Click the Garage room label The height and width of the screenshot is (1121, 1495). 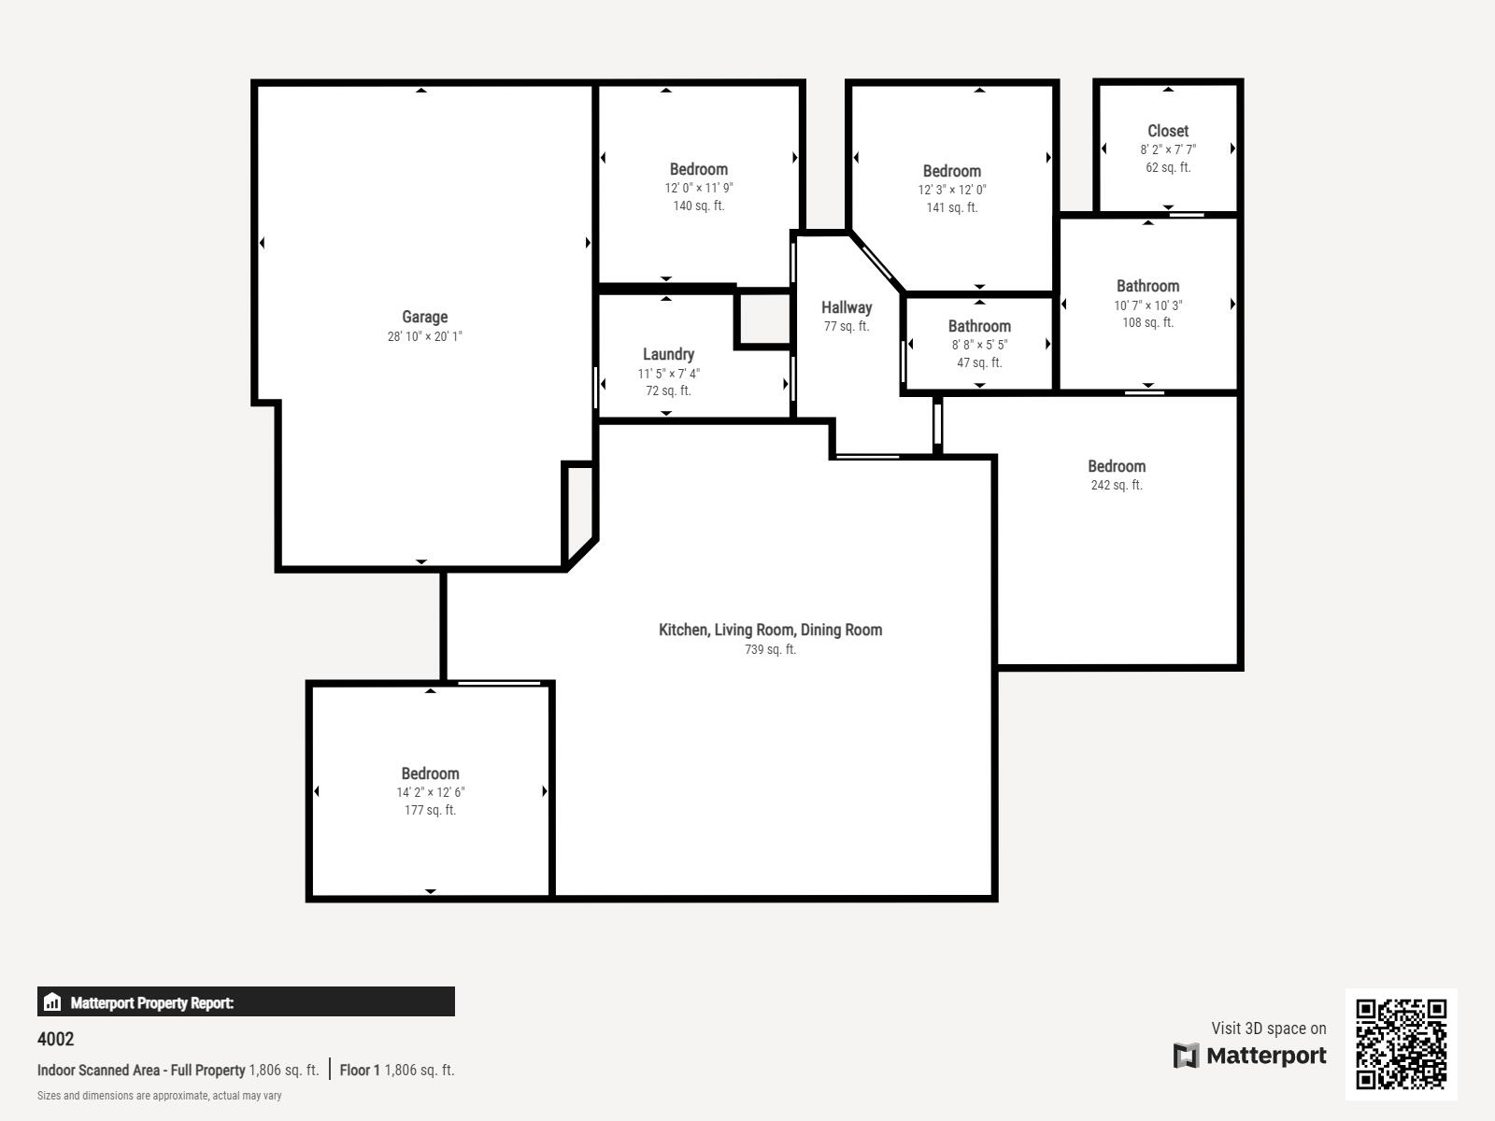click(x=424, y=318)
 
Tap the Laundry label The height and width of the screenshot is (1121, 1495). click(x=668, y=355)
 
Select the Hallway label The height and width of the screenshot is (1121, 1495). click(x=846, y=307)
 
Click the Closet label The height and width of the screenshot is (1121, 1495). click(x=1167, y=131)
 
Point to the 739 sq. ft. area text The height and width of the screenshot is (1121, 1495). click(x=770, y=649)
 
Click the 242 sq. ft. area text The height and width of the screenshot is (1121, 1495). click(x=1117, y=485)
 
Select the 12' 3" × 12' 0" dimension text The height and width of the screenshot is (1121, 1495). click(x=951, y=190)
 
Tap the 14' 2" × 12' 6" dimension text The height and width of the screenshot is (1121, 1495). click(x=430, y=792)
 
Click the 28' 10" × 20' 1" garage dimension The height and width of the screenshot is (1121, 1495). click(x=424, y=336)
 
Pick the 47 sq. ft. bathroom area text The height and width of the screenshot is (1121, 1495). click(x=978, y=362)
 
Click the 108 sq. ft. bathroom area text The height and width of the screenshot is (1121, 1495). click(x=1147, y=322)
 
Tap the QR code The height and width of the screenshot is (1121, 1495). click(x=1401, y=1044)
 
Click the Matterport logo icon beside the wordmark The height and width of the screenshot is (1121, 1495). click(x=1185, y=1056)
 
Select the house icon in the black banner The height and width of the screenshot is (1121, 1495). click(x=52, y=1001)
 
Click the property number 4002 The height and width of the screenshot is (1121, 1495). click(x=55, y=1040)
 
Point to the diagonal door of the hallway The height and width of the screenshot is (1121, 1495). click(x=876, y=263)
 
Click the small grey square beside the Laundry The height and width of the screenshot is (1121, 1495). click(x=765, y=319)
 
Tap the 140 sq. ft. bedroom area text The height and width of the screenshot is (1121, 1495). click(x=698, y=206)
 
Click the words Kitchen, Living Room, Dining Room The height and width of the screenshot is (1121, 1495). click(x=770, y=631)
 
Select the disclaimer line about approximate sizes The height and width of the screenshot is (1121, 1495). click(x=160, y=1096)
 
